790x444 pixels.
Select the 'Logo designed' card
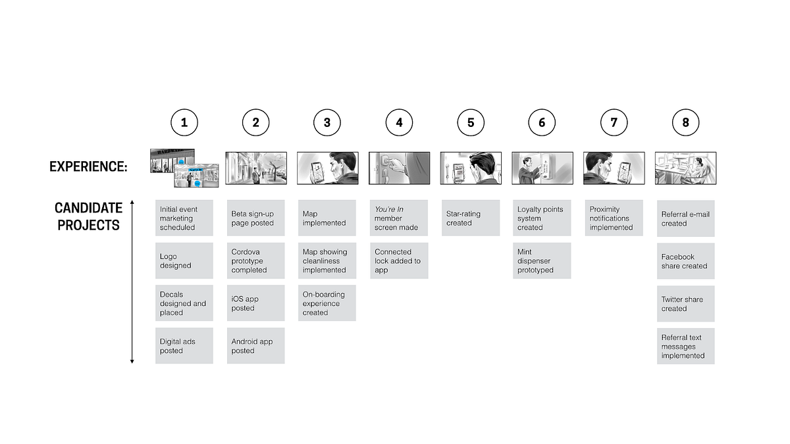tap(184, 260)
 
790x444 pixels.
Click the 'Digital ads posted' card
tap(184, 346)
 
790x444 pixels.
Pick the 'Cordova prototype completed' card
tap(255, 260)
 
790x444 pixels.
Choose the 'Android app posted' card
tap(255, 346)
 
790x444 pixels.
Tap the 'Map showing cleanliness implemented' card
tap(327, 260)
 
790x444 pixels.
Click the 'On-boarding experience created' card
tap(327, 303)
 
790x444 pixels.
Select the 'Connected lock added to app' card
tap(399, 260)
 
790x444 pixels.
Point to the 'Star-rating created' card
tap(471, 218)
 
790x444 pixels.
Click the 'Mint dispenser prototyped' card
tap(542, 260)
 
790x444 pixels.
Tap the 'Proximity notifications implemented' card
tap(614, 218)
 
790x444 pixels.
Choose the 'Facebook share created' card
tap(685, 261)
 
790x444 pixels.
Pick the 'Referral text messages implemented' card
tap(685, 346)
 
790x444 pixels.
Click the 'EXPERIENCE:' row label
tap(88, 166)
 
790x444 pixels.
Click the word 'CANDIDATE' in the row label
tap(88, 208)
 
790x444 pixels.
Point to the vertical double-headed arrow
tap(132, 282)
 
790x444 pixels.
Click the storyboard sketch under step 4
tap(399, 168)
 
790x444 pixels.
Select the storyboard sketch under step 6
tap(542, 168)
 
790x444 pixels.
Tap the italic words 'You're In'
tap(388, 209)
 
